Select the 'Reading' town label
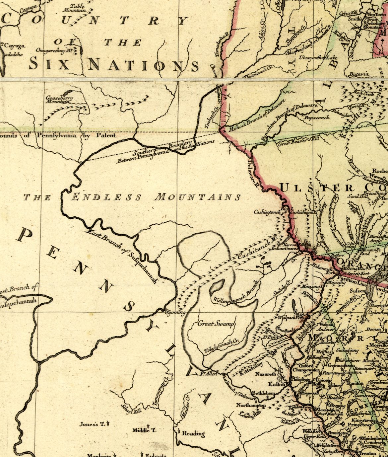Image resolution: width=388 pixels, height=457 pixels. (193, 433)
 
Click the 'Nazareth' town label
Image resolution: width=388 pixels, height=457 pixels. (265, 374)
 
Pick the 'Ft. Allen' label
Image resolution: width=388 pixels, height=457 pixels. (209, 373)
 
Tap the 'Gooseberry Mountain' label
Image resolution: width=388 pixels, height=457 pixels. (59, 100)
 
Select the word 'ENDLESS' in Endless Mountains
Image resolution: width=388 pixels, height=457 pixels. (106, 197)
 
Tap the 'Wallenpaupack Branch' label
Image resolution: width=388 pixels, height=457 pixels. (236, 293)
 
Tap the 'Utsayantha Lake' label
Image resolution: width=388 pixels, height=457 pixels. (318, 58)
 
